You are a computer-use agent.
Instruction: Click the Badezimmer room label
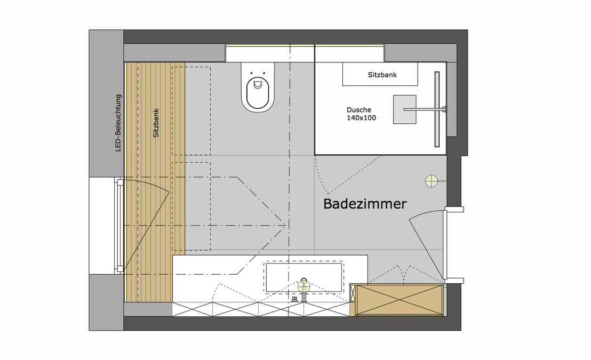[x=365, y=204]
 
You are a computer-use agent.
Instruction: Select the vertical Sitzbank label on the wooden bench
[x=156, y=124]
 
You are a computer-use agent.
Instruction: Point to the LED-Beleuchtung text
[x=119, y=123]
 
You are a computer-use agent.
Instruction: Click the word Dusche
[x=358, y=110]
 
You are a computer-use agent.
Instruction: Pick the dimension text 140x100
[x=361, y=118]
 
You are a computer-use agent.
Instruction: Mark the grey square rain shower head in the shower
[x=404, y=109]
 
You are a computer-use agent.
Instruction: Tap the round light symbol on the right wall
[x=431, y=181]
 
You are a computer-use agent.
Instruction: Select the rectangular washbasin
[x=305, y=277]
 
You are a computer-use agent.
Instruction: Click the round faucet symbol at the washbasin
[x=304, y=286]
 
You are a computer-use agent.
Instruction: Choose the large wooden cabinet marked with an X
[x=400, y=300]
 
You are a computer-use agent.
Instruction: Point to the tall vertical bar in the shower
[x=437, y=109]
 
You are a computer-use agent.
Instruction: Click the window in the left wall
[x=119, y=227]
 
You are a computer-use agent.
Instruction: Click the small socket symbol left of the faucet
[x=294, y=300]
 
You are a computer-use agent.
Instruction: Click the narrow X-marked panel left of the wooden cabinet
[x=353, y=300]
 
